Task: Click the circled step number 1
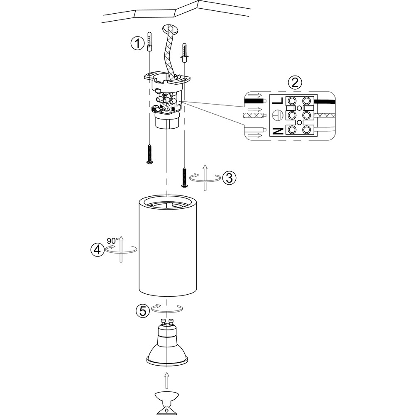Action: tap(137, 43)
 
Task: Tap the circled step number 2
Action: tap(295, 82)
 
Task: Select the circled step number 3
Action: tap(229, 178)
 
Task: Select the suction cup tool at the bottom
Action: tap(167, 402)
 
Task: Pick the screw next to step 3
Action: tap(183, 177)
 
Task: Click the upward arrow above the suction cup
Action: tap(167, 380)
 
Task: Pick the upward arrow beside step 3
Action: tap(205, 177)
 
